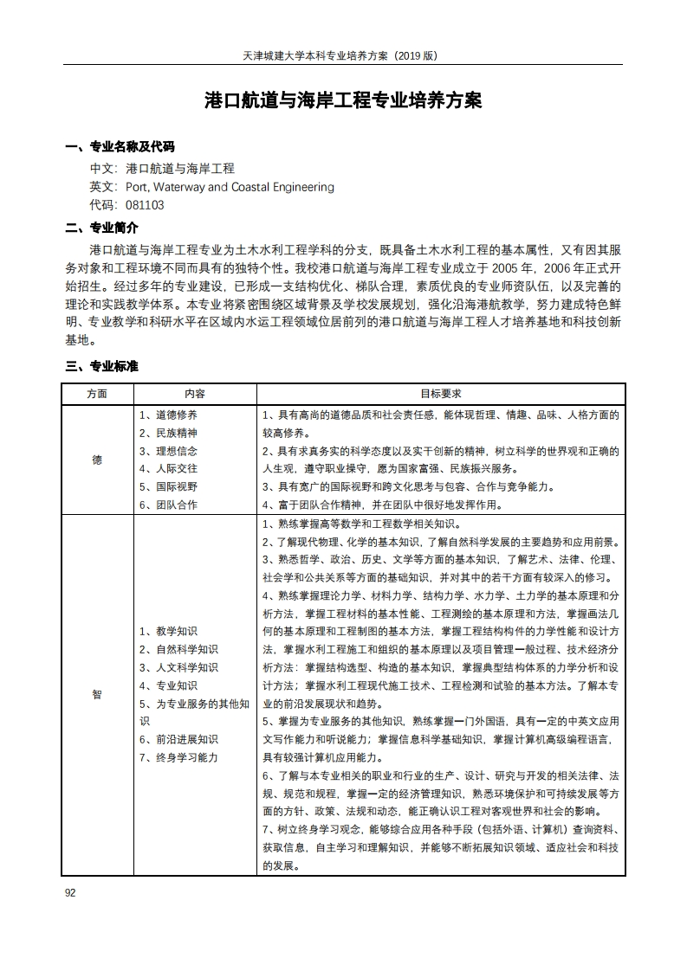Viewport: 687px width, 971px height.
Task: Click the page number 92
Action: click(x=70, y=893)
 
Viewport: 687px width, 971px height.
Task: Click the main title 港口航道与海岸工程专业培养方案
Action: click(x=343, y=100)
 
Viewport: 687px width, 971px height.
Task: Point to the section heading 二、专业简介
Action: click(x=101, y=228)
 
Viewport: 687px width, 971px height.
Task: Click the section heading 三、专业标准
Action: click(x=101, y=367)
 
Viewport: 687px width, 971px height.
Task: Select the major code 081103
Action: click(x=145, y=206)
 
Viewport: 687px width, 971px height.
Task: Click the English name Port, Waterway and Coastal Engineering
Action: click(x=230, y=187)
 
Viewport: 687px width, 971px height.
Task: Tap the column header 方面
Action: click(x=97, y=393)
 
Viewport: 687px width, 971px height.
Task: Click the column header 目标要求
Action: click(x=440, y=393)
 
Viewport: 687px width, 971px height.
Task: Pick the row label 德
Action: click(x=97, y=460)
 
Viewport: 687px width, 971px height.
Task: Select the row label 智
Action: click(x=97, y=694)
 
